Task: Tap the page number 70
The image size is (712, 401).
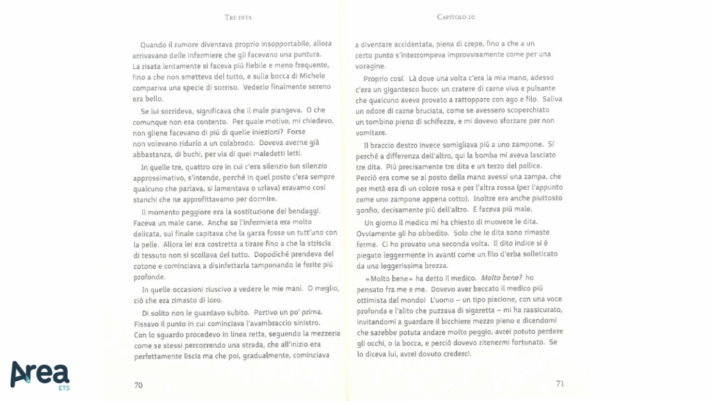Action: tap(138, 384)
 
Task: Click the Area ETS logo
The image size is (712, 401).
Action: tap(40, 374)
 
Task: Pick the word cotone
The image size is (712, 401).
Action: tap(143, 267)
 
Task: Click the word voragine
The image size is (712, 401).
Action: tap(371, 65)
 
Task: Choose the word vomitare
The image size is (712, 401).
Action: tap(371, 132)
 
